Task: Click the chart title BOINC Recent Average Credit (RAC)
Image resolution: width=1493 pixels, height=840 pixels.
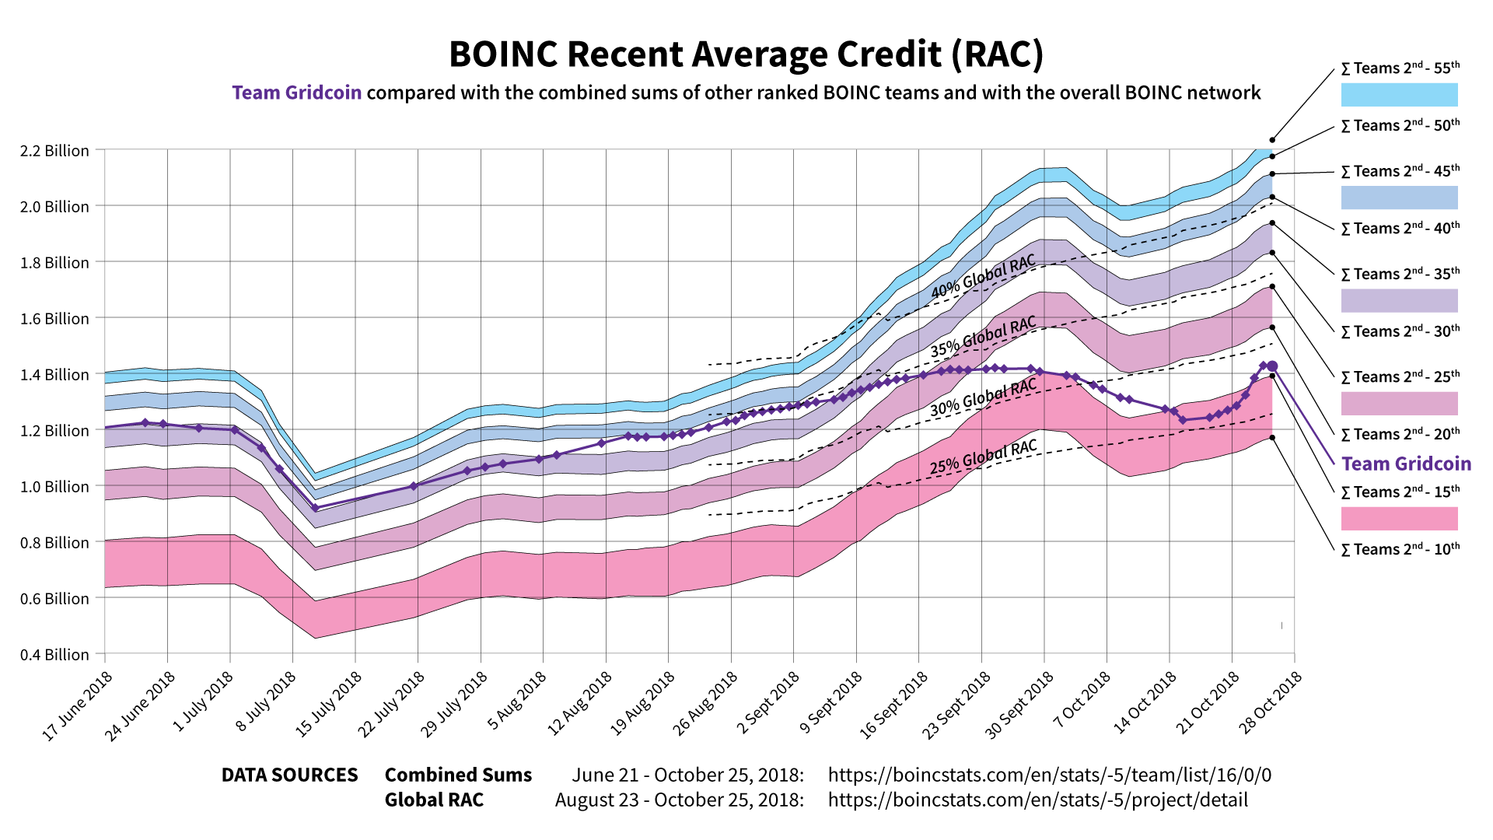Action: [746, 54]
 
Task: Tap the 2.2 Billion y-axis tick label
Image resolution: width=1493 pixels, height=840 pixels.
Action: [54, 151]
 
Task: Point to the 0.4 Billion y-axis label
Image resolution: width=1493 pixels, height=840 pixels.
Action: [54, 655]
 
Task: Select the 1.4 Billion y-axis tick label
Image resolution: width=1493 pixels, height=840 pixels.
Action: [54, 375]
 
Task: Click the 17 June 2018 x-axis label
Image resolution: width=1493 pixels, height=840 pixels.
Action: [78, 705]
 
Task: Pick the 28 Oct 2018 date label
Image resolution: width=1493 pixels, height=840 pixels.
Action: [1270, 702]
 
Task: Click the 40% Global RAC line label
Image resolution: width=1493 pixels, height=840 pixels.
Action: [984, 277]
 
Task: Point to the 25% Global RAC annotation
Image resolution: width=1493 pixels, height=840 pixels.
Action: [984, 458]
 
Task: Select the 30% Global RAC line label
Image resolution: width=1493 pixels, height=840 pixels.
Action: [984, 397]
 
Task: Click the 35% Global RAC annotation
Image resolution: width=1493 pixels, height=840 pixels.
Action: [984, 337]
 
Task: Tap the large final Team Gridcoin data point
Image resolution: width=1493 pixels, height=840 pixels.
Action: [1272, 366]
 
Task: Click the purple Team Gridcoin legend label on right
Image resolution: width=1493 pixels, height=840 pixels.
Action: [1406, 464]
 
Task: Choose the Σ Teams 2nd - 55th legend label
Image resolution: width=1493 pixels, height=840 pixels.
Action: [1400, 68]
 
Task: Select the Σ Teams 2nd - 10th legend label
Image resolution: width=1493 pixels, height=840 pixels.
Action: [1400, 550]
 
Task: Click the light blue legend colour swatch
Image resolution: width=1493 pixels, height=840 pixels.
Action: [1399, 95]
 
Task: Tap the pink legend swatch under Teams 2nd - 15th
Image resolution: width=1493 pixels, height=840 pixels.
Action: [1399, 519]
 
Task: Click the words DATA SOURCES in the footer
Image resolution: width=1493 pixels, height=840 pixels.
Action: [289, 775]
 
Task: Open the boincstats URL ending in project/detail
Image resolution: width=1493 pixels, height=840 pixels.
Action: [1037, 800]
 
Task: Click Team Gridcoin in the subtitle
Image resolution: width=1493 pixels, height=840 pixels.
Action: [296, 93]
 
